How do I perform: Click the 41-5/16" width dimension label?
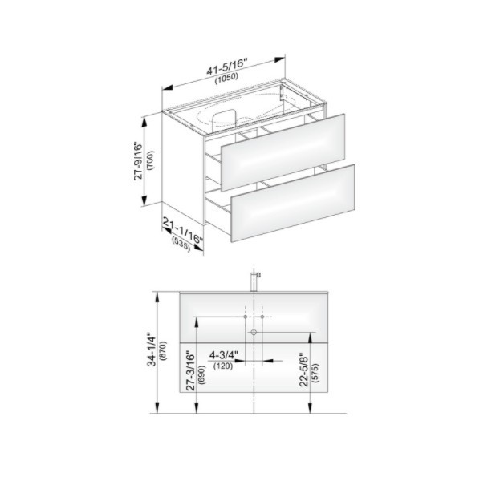[226, 67]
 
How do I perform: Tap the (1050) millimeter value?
[226, 79]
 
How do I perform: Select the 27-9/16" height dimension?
[139, 161]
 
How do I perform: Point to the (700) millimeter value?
[151, 160]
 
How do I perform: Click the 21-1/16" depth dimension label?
[183, 230]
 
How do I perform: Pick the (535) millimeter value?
[181, 245]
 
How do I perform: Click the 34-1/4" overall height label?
[152, 350]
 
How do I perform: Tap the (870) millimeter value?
[165, 350]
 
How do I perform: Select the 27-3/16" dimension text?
[190, 370]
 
